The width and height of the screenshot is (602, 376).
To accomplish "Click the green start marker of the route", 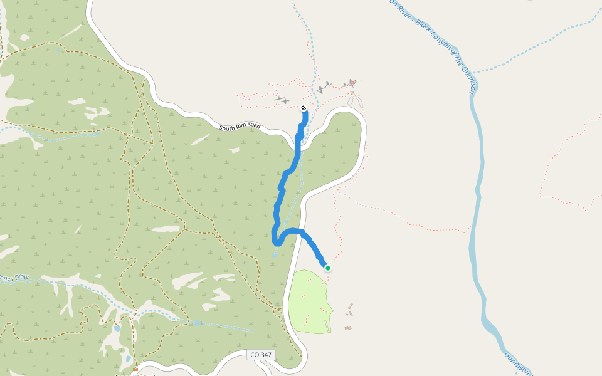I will (x=327, y=268).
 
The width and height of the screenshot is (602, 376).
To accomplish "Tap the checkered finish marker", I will (x=304, y=108).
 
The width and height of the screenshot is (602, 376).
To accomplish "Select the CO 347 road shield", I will (x=261, y=355).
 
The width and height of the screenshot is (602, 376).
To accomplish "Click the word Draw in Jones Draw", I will (x=22, y=277).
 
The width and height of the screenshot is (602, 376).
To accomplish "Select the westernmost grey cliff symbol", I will (x=282, y=99).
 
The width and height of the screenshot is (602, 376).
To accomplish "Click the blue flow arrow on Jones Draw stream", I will (x=197, y=323).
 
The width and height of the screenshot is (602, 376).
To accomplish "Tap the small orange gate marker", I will (x=135, y=370).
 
